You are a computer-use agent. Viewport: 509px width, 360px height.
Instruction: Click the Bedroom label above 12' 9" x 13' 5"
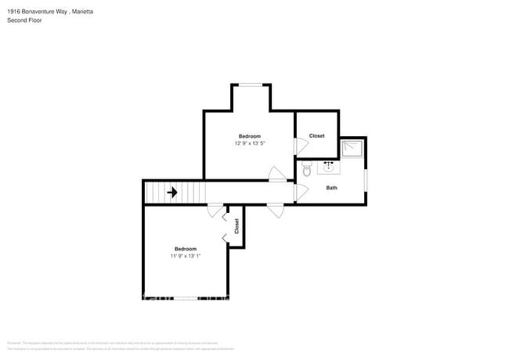(249, 137)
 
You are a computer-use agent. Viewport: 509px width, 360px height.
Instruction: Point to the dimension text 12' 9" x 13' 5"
(249, 143)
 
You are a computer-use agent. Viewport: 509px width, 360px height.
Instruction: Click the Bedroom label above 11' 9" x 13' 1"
(185, 249)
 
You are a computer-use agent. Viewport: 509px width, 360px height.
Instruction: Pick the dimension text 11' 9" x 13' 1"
(185, 256)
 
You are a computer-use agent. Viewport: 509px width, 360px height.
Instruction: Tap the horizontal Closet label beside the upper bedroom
(316, 136)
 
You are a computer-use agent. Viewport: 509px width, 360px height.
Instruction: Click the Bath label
(332, 188)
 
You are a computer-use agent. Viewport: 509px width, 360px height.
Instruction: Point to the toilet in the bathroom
(308, 170)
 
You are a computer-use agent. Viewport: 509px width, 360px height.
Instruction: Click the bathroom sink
(328, 167)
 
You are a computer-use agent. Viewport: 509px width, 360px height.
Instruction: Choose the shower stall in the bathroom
(352, 149)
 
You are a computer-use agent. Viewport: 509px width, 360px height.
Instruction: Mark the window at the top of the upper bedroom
(251, 85)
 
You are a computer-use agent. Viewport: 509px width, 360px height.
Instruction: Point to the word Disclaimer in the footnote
(14, 342)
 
